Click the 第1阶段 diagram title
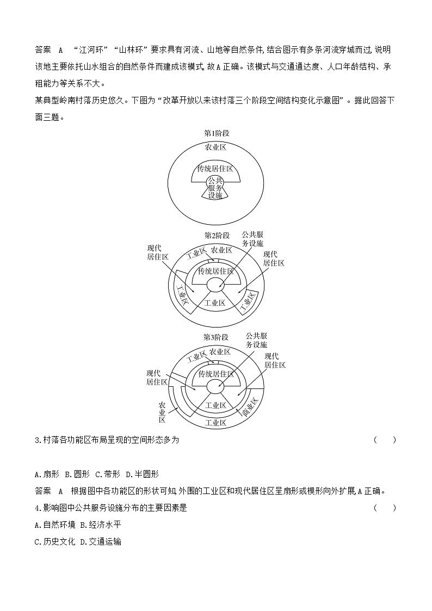[215, 133]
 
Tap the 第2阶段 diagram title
[215, 235]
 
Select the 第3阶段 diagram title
[215, 337]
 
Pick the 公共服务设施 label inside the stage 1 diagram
[215, 188]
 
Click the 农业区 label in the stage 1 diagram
[215, 147]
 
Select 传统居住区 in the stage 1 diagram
[215, 169]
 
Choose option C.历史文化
[54, 542]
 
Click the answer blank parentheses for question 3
[385, 440]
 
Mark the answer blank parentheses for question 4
[385, 508]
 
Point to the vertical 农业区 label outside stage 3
[162, 412]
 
